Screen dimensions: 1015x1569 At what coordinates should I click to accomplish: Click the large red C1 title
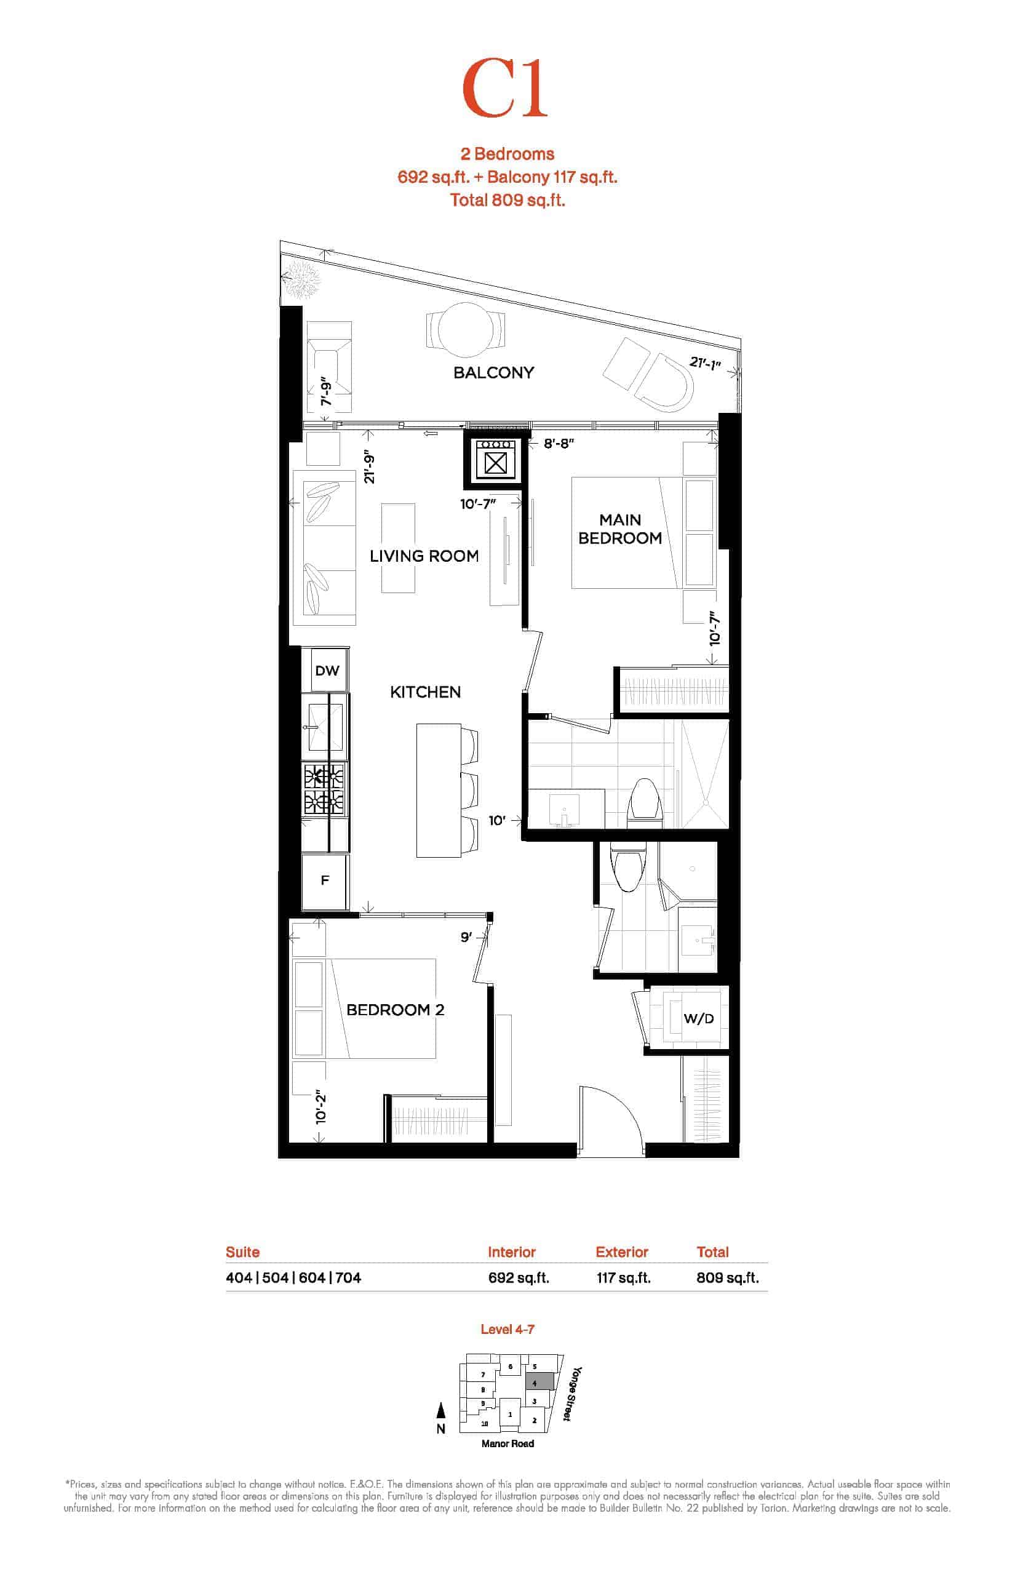point(505,89)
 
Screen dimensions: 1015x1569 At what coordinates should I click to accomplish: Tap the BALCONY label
point(493,372)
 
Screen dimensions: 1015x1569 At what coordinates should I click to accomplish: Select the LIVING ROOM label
point(424,556)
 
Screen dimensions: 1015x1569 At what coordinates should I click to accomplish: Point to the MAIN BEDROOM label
point(620,529)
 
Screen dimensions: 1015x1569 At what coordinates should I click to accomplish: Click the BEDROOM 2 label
point(396,1009)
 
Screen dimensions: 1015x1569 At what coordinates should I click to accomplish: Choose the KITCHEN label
point(425,692)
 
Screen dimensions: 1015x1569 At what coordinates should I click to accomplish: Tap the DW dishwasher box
point(327,671)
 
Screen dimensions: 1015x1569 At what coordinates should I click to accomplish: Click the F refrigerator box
point(324,880)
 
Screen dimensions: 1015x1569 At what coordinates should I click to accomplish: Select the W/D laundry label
point(699,1018)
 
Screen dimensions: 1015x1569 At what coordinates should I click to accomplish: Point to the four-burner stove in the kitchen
point(324,788)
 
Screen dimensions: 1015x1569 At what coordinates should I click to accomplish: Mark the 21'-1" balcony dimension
point(705,362)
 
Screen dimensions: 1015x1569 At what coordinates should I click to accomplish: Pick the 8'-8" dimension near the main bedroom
point(559,444)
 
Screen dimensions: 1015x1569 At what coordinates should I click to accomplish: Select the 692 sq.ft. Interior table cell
point(519,1277)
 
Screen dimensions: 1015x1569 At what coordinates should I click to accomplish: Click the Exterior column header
point(621,1252)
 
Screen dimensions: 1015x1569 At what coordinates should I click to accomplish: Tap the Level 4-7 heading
point(507,1329)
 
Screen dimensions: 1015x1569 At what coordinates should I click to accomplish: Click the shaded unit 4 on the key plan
point(539,1381)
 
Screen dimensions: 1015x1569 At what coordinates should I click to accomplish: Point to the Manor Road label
point(507,1443)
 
